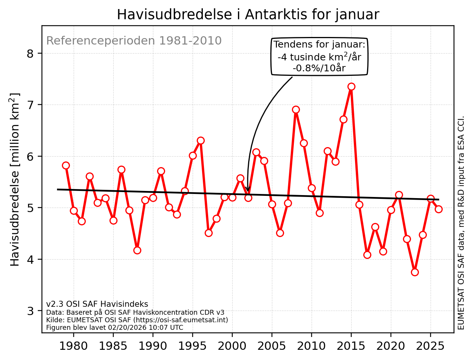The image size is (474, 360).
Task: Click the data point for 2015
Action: coord(351,86)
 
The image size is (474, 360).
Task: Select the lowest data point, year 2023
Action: coord(415,272)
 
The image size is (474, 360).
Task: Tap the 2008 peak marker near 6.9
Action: coord(296,110)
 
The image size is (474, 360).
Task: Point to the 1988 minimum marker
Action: coord(137,250)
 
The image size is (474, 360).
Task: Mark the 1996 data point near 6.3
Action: coord(201,140)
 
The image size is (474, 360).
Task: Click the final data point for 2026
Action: coord(438,209)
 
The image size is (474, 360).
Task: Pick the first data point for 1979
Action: coord(66,165)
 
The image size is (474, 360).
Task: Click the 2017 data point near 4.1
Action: coord(367,255)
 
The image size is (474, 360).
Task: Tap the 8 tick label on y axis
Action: coord(30,54)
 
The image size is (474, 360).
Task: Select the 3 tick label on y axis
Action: coord(30,311)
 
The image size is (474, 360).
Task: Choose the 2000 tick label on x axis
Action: coord(232,346)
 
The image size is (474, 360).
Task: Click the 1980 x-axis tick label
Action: coord(73,346)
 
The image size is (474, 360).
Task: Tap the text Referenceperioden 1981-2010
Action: coord(134,41)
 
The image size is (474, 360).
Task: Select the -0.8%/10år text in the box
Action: coord(319,68)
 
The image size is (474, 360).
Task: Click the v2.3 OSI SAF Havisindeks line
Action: coord(97,304)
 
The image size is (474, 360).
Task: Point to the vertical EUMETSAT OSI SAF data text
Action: coord(461,223)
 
